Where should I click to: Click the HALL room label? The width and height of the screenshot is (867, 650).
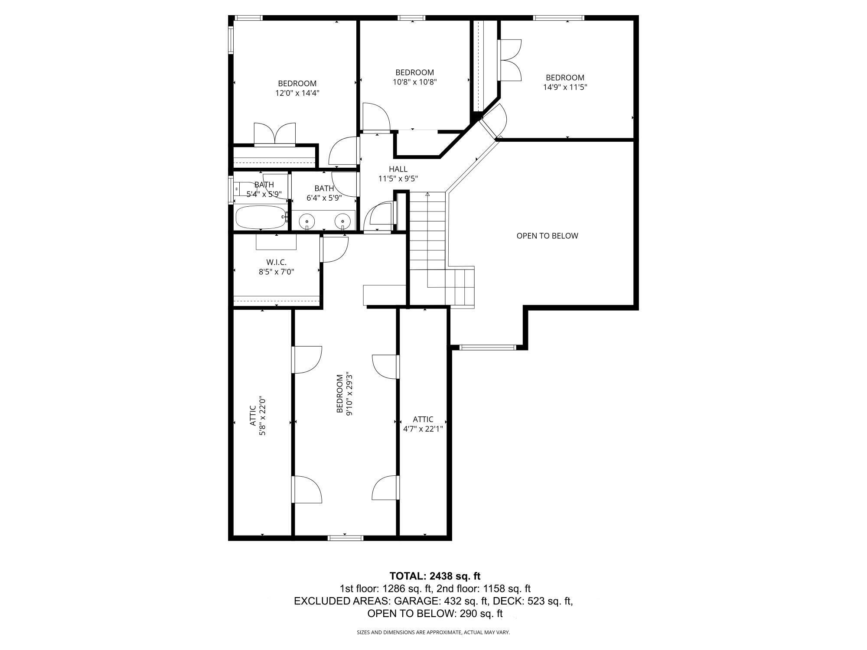pos(398,169)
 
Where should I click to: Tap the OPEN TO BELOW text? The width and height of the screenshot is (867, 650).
pos(547,236)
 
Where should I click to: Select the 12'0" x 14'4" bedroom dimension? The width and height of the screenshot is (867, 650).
pos(297,93)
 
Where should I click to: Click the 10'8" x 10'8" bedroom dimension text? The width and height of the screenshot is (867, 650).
pos(414,82)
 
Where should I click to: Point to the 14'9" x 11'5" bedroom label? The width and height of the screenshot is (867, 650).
pos(565,82)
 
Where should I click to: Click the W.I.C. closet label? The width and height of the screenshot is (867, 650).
pos(276,267)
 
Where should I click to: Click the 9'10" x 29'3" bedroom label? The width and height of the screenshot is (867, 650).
pos(344,394)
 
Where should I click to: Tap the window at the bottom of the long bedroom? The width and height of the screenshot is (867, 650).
pos(345,538)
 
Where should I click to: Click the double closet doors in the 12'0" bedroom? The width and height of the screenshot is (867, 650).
pos(274,134)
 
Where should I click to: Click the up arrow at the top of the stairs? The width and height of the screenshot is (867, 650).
pos(427,195)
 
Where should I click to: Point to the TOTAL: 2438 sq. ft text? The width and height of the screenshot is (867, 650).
pos(435,576)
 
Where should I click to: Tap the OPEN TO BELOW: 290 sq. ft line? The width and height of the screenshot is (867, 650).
pos(435,614)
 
